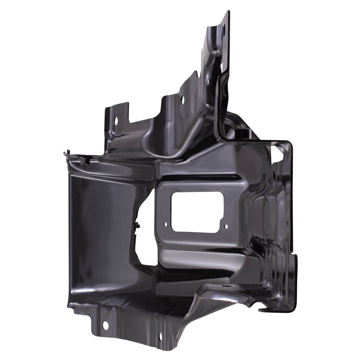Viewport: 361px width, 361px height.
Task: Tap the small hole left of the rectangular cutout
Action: pyautogui.click(x=166, y=224)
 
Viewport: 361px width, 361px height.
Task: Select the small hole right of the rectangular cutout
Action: pyautogui.click(x=226, y=227)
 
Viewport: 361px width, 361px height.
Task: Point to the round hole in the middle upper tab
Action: pyautogui.click(x=182, y=98)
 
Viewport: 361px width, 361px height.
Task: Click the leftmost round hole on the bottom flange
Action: pyautogui.click(x=105, y=326)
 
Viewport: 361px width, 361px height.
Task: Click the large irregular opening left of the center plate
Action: pyautogui.click(x=144, y=235)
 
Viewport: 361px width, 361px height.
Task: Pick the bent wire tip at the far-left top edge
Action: pyautogui.click(x=66, y=153)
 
